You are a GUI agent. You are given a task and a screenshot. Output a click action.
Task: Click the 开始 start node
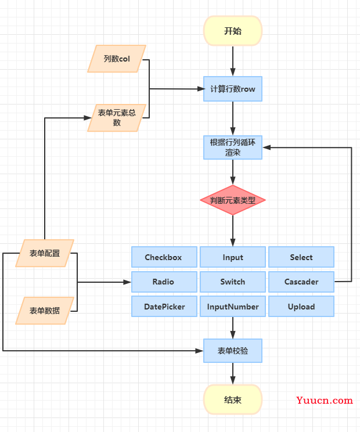[233, 31]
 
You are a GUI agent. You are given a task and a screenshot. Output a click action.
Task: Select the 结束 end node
[233, 399]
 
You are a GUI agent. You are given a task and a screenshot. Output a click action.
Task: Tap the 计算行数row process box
[233, 89]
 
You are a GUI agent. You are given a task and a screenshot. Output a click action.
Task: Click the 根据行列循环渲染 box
[233, 147]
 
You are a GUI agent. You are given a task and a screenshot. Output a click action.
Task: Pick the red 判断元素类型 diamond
[233, 200]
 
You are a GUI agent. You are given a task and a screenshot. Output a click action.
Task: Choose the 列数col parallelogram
[117, 59]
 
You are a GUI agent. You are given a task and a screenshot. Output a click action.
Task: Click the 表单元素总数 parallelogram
[117, 118]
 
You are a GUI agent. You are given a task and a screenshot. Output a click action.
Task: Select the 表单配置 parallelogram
[45, 253]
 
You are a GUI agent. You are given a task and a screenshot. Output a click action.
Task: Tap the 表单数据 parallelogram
[45, 311]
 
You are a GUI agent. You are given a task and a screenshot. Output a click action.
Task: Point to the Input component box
[233, 257]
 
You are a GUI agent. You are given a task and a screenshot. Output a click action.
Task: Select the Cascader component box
[301, 282]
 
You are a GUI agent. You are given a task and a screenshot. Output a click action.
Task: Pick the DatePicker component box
[164, 307]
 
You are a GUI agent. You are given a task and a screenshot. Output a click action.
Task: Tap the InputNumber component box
[233, 307]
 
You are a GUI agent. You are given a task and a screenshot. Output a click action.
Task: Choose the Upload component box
[301, 307]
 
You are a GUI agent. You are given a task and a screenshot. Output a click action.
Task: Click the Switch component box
[233, 282]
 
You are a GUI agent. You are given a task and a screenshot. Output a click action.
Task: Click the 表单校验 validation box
[233, 351]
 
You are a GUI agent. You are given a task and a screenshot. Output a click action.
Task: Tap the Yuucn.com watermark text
[325, 400]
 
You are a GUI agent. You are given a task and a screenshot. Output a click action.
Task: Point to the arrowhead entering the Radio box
[127, 282]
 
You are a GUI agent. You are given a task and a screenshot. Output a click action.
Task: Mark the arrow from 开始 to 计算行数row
[233, 61]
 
